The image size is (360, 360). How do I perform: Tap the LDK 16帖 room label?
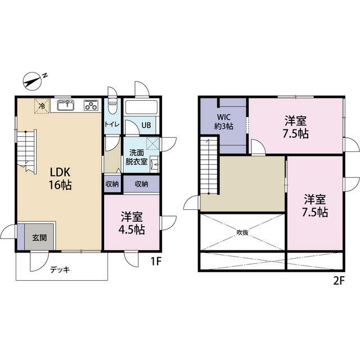(x=60, y=178)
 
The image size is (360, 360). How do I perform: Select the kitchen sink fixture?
(x=66, y=105)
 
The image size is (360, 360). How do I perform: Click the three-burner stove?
(x=91, y=105)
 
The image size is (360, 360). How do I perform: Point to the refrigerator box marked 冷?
(x=42, y=106)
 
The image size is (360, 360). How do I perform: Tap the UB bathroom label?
(x=146, y=125)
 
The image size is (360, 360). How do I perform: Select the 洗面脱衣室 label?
(x=136, y=157)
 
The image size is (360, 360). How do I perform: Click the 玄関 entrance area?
(x=39, y=237)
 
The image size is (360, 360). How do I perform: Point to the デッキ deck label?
(x=60, y=269)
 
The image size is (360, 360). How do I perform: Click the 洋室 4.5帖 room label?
(x=132, y=222)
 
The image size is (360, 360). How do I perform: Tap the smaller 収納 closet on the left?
(x=112, y=184)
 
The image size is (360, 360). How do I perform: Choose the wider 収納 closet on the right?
(x=141, y=184)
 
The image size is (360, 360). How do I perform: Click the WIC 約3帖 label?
(x=224, y=121)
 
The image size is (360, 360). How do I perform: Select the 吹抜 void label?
(x=242, y=232)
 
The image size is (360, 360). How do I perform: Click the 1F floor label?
(x=156, y=261)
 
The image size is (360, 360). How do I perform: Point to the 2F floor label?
(x=339, y=281)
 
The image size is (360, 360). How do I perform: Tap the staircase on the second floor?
(x=209, y=166)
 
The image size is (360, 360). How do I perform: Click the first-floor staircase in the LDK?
(x=26, y=151)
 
